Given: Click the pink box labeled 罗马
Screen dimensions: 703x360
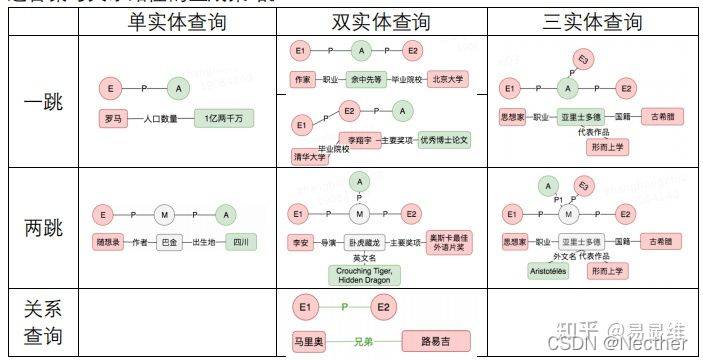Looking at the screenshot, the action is point(113,118).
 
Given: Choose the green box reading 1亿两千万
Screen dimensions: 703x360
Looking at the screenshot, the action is point(224,118).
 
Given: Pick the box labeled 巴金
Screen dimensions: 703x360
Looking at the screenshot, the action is point(168,242).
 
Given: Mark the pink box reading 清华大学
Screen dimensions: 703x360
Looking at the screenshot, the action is point(310,157).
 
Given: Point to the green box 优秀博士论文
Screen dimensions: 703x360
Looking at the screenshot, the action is point(444,140).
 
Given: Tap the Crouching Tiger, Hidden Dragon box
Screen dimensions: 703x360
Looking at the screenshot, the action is point(364,274).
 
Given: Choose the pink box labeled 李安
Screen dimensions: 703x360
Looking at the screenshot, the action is point(299,241).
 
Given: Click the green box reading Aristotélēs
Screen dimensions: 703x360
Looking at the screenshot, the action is point(549,270).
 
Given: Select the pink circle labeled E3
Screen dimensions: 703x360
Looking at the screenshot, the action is point(585,59).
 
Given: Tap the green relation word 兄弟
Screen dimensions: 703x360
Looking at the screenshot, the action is point(364,341).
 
